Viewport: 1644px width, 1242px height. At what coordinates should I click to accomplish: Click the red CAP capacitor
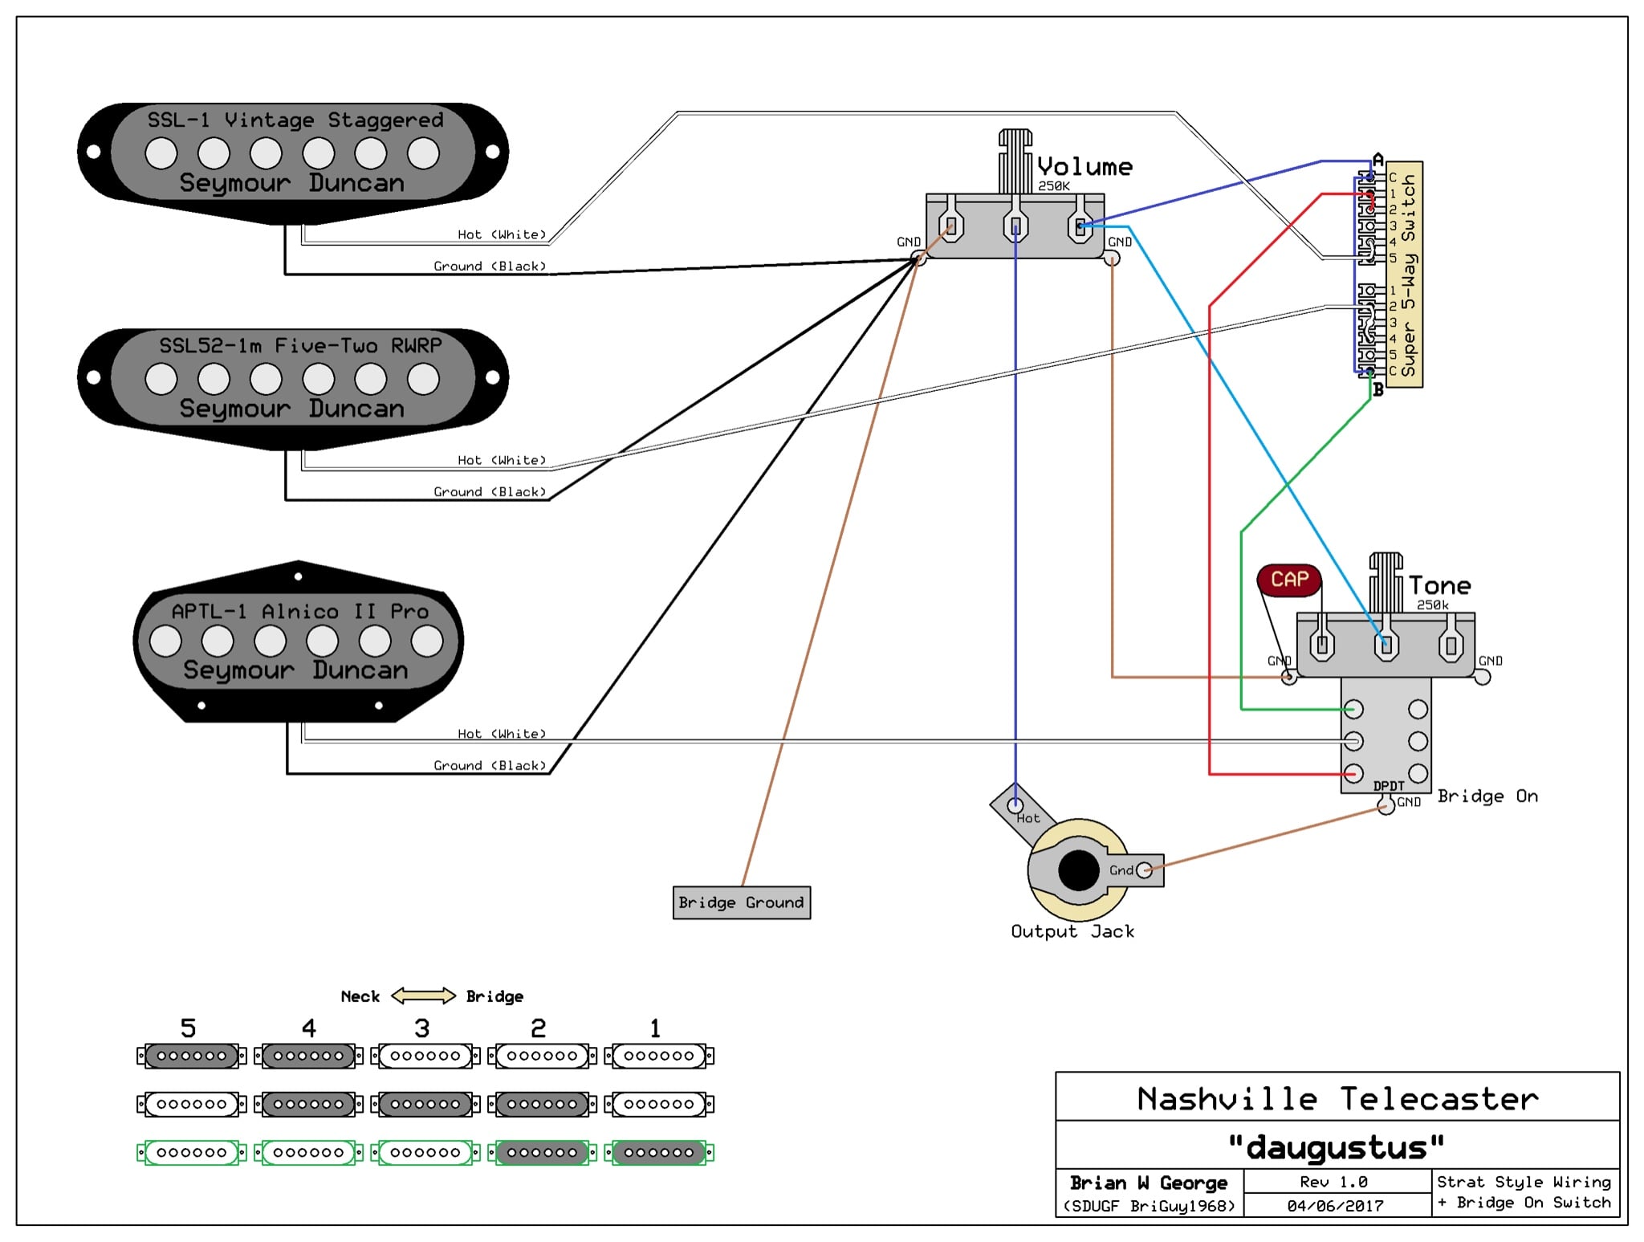point(1289,580)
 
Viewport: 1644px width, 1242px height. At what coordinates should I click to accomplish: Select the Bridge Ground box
point(741,902)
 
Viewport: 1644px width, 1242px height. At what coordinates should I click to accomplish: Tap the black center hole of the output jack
point(1078,871)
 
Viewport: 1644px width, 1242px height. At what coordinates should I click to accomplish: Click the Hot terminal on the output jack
point(1015,804)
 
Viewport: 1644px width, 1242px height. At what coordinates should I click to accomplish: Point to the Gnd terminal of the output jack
point(1144,869)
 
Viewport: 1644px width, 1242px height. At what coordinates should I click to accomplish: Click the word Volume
point(1084,167)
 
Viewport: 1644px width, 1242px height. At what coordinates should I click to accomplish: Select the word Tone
point(1439,586)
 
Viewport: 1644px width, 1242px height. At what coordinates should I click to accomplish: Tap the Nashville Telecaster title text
point(1337,1098)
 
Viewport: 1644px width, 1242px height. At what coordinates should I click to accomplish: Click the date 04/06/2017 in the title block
point(1336,1205)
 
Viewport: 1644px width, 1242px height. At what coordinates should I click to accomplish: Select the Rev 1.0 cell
point(1334,1182)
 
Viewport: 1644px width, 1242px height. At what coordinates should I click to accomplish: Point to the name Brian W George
point(1148,1183)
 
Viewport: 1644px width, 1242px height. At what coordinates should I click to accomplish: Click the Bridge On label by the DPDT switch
point(1487,796)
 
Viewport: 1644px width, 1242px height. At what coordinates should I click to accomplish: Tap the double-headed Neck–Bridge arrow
point(423,996)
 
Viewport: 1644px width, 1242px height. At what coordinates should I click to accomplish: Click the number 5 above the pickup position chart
point(188,1028)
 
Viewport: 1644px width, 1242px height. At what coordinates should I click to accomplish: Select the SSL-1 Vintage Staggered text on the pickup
point(295,120)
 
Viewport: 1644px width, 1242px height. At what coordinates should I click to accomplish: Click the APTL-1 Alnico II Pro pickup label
point(299,611)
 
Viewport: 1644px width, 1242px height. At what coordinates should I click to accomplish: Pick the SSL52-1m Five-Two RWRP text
point(299,346)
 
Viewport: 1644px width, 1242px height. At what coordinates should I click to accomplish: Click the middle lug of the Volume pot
point(1015,226)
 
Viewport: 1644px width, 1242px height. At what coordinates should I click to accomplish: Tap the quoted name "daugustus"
point(1336,1147)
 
